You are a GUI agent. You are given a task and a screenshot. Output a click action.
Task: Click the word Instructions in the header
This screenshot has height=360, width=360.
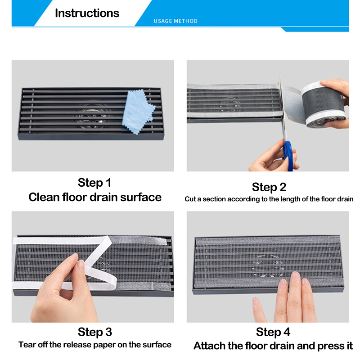click(87, 13)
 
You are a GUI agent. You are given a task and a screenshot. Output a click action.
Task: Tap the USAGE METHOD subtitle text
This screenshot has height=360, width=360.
click(175, 21)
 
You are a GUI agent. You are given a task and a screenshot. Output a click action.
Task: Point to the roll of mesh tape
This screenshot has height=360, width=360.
click(323, 104)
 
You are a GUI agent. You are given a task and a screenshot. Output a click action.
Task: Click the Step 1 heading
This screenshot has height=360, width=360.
click(94, 183)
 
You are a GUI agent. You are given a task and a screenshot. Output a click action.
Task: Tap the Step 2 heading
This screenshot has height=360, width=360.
click(269, 187)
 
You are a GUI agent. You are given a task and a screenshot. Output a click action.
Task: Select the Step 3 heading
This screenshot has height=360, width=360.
click(95, 332)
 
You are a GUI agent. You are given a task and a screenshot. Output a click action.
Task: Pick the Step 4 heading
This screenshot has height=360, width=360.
click(273, 332)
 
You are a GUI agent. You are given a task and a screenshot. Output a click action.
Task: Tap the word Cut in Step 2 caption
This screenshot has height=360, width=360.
click(190, 199)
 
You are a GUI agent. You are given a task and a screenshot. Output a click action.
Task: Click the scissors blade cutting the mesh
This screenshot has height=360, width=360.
click(283, 108)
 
